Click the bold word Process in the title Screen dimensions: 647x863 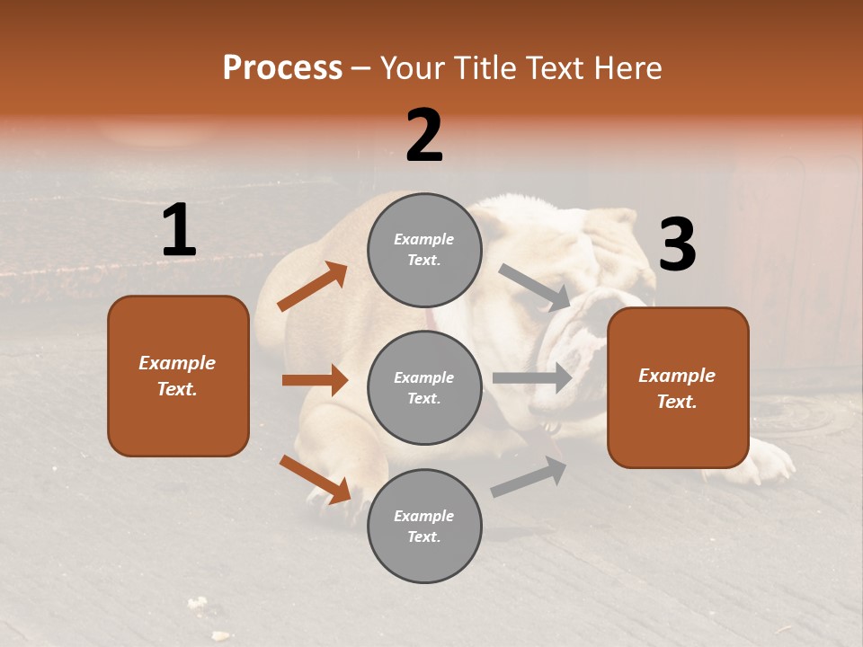point(282,67)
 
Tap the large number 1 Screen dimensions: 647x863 point(179,231)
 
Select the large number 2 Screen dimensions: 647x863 point(424,136)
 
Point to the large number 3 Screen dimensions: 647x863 point(677,244)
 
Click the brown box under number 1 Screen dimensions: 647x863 point(178,376)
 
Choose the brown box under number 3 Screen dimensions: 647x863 point(678,387)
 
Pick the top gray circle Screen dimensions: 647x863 point(424,250)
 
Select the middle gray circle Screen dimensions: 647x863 point(424,387)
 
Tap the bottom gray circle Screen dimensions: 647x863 point(424,526)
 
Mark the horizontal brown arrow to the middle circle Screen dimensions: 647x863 point(315,380)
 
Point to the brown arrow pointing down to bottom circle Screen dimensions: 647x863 point(315,479)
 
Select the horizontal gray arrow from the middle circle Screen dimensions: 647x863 point(532,377)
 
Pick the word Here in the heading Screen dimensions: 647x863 point(627,67)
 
